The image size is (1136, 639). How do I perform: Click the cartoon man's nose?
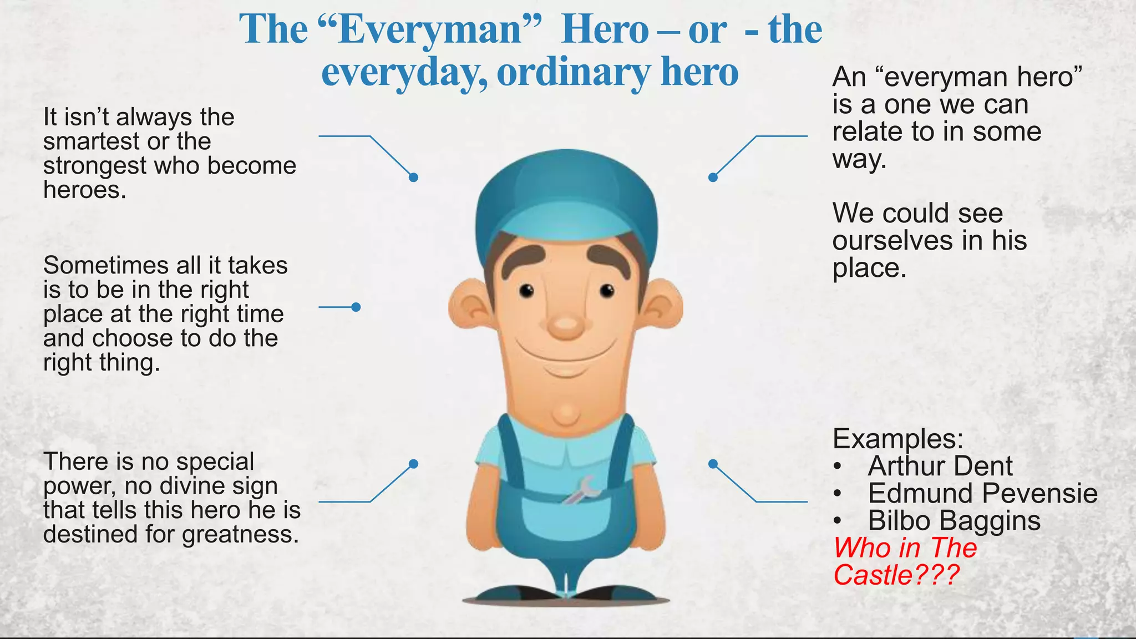click(x=565, y=326)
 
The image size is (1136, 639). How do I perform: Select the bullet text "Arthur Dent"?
click(x=940, y=466)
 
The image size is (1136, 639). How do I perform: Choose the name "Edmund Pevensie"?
click(x=982, y=493)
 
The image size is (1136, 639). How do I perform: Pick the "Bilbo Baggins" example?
click(x=954, y=520)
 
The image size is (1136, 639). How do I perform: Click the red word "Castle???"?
click(x=896, y=575)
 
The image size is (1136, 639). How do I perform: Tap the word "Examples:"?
click(x=898, y=439)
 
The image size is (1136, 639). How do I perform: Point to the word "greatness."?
click(x=241, y=534)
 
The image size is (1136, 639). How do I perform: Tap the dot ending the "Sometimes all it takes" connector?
click(x=356, y=307)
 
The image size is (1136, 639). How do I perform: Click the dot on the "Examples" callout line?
click(x=713, y=464)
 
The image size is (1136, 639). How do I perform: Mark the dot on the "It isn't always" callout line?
click(x=413, y=177)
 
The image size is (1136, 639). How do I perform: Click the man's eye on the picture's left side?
click(x=526, y=290)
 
